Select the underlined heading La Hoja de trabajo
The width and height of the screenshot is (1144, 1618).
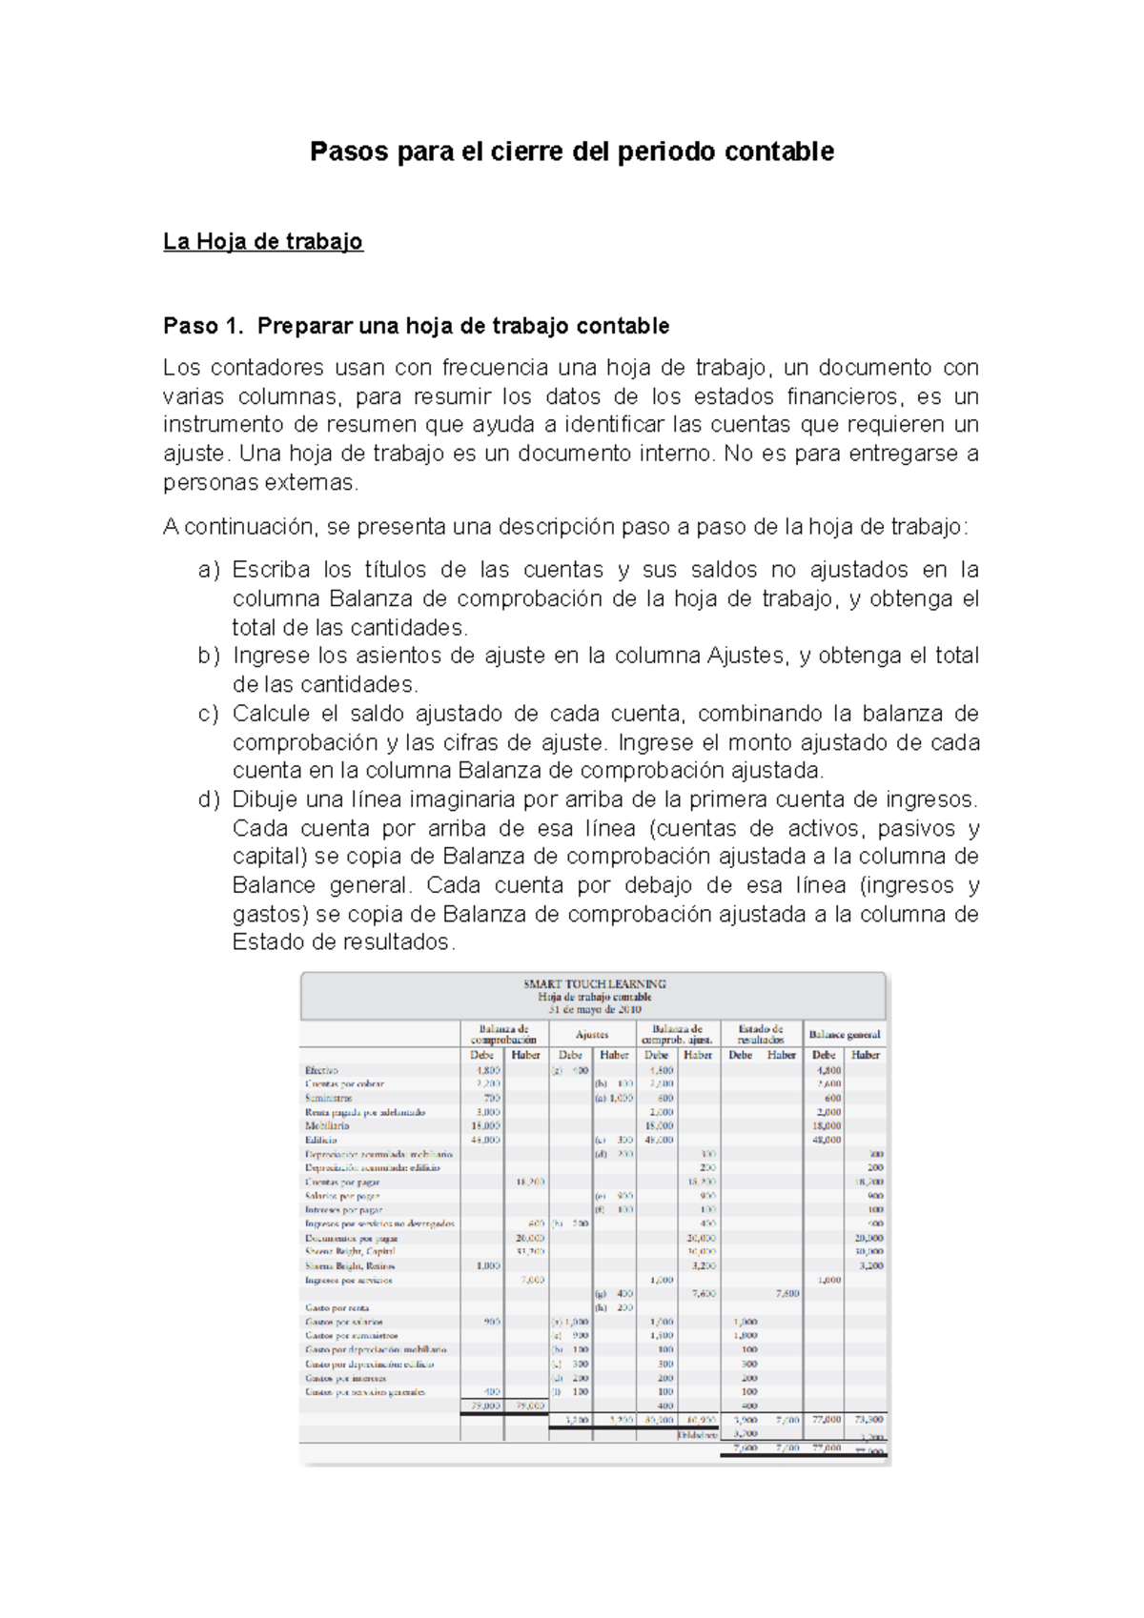262,242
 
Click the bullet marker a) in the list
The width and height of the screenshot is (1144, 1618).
209,570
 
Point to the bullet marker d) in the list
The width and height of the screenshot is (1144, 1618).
209,799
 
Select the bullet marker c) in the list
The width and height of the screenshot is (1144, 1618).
209,714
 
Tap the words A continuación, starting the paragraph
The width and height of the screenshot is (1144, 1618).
238,527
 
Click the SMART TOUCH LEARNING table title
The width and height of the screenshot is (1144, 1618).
594,984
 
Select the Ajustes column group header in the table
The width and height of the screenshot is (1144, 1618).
592,1035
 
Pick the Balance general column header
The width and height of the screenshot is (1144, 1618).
844,1035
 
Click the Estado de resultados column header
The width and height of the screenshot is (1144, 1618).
761,1035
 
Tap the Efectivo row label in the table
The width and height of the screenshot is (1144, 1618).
321,1070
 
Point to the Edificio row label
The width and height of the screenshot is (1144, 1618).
320,1140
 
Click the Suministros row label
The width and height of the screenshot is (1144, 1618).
328,1098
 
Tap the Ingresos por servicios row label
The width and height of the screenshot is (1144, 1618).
348,1280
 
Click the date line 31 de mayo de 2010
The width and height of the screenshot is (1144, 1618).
594,1009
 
